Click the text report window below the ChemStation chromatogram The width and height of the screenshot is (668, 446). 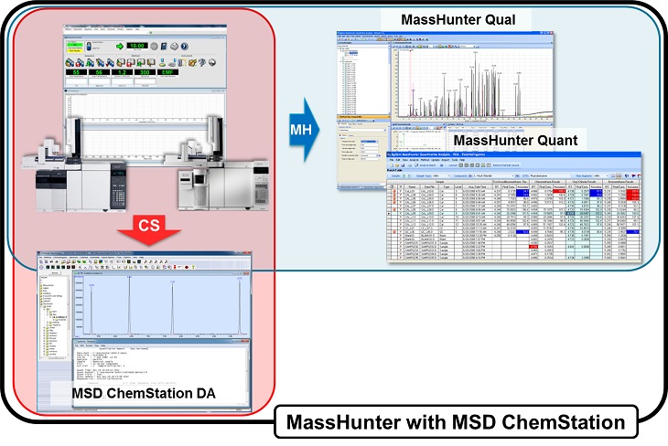coord(156,356)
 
